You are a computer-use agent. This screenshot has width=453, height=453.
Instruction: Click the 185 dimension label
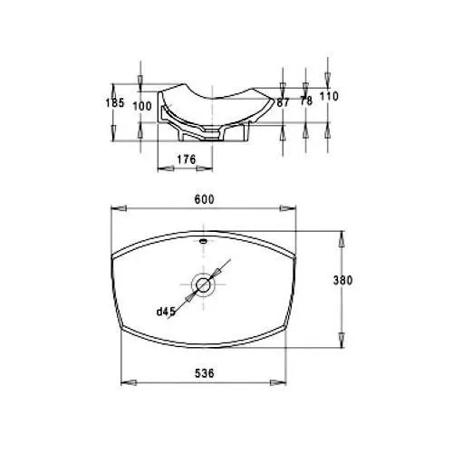coord(115,103)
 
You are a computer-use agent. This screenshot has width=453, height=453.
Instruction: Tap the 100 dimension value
coord(142,106)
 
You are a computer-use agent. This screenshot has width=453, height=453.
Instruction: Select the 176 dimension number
coord(187,159)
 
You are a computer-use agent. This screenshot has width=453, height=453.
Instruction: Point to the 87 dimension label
coord(283,102)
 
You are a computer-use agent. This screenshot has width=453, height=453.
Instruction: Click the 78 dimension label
coord(306,101)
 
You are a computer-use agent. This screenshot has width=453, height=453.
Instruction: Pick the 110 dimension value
coord(329,96)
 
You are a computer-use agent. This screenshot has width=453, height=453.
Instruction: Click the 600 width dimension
coord(204,199)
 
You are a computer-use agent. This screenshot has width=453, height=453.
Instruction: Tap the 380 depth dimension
coord(342,281)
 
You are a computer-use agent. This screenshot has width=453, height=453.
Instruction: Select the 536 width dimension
coord(204,373)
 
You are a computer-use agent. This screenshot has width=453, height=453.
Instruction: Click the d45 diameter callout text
coord(166,312)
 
